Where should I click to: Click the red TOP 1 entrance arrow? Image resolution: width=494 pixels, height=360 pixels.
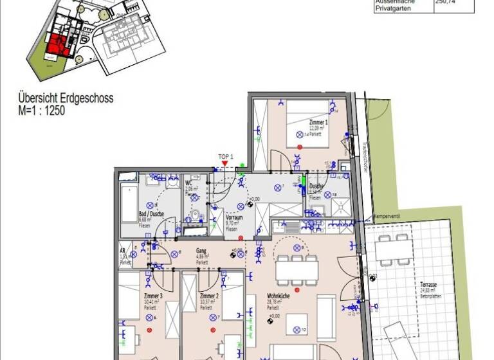223,164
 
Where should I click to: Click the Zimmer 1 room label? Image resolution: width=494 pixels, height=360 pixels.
318,122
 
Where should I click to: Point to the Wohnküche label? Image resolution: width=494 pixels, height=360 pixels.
278,296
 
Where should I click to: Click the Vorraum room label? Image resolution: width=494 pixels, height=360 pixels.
234,219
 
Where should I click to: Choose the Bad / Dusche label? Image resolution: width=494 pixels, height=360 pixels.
151,213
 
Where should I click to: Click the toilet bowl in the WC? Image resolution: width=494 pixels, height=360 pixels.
193,214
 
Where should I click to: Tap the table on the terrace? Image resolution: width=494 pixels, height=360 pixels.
393,249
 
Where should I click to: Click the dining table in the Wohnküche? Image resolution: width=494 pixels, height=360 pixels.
297,271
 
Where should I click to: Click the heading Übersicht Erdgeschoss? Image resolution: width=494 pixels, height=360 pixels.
66,99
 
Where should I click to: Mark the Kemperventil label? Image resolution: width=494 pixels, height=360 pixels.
386,217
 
